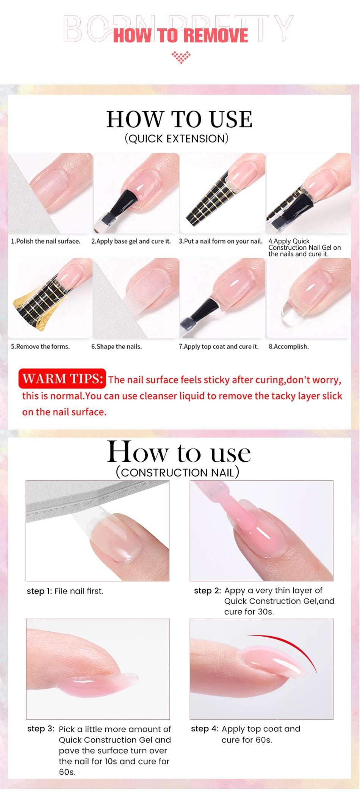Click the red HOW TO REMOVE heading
point(180,36)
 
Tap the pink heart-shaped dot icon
point(181,57)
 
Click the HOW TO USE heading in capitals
point(179,119)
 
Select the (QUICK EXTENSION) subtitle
point(177,139)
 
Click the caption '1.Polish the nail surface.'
point(45,241)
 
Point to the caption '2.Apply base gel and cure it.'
point(131,241)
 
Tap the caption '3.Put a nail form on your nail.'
point(221,241)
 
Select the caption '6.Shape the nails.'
point(116,347)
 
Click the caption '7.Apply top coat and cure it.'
point(219,347)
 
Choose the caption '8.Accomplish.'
point(289,347)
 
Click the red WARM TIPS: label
point(62,378)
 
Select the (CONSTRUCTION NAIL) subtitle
point(177,472)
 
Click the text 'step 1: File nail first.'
point(65,591)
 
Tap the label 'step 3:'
point(41,729)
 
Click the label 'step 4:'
point(205,729)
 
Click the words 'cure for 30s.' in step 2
point(249,612)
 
